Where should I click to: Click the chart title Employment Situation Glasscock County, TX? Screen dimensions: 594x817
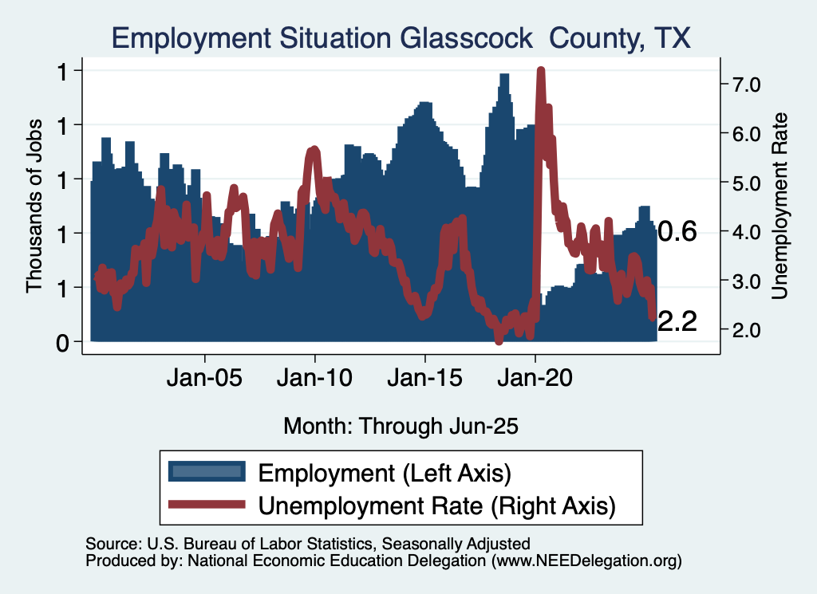tap(401, 37)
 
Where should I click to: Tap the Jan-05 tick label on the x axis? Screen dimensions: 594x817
tap(205, 377)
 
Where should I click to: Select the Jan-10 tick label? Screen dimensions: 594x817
tap(315, 377)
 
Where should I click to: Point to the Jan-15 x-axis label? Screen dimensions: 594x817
tap(425, 377)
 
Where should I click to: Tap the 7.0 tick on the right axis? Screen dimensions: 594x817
tap(743, 84)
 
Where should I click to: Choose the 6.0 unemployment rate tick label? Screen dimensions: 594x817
tap(743, 133)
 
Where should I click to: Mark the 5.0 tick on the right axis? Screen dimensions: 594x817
tap(743, 183)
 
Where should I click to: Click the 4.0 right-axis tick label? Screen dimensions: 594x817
tap(743, 232)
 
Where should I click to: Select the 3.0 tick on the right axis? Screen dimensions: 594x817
tap(743, 281)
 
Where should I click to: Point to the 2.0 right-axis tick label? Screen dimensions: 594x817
tap(743, 330)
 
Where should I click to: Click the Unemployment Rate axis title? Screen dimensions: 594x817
tap(780, 206)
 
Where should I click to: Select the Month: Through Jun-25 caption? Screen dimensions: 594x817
tap(401, 426)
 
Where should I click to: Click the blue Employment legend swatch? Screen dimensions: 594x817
tap(206, 472)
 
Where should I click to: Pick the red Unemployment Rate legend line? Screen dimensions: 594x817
tap(206, 505)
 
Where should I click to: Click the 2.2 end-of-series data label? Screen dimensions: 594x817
tap(677, 321)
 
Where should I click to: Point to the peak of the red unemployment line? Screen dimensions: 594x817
tap(541, 71)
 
